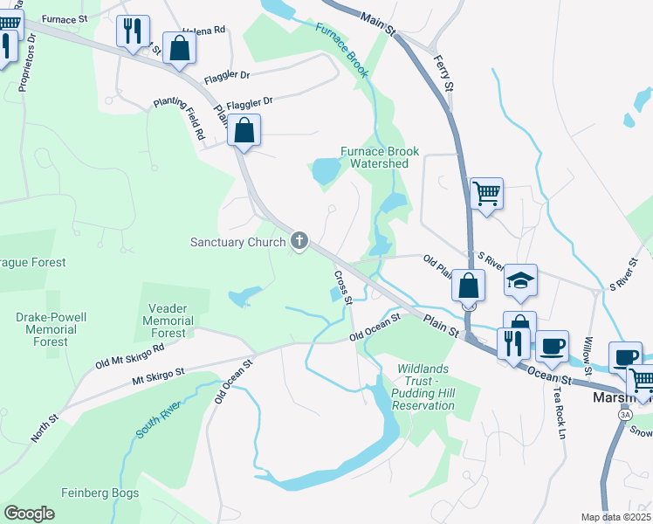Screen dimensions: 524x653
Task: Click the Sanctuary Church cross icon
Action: [299, 240]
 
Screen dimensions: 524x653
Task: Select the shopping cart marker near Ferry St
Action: [486, 193]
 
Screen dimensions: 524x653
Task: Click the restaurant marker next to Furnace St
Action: [133, 32]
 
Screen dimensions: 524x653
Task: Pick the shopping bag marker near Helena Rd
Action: [179, 50]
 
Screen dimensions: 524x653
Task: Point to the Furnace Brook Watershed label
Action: [379, 157]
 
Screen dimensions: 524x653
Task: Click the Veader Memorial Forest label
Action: [168, 321]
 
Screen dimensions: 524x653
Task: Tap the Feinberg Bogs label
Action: [100, 493]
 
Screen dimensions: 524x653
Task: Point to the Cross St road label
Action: [341, 287]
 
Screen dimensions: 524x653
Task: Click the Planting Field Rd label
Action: [191, 120]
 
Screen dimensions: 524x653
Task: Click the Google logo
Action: [29, 514]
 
